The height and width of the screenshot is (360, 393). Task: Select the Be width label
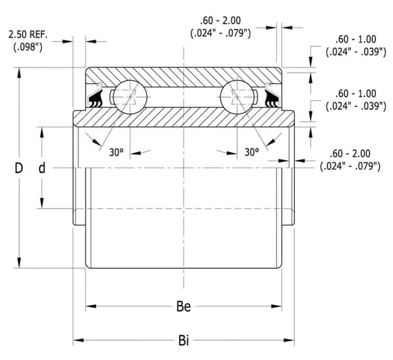(185, 306)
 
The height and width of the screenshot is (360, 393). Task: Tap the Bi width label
(185, 340)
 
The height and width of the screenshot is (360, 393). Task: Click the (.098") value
(28, 46)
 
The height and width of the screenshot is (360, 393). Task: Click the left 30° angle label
(116, 152)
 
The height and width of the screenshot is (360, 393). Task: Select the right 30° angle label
(252, 152)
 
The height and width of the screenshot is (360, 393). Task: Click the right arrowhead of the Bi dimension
(292, 340)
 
